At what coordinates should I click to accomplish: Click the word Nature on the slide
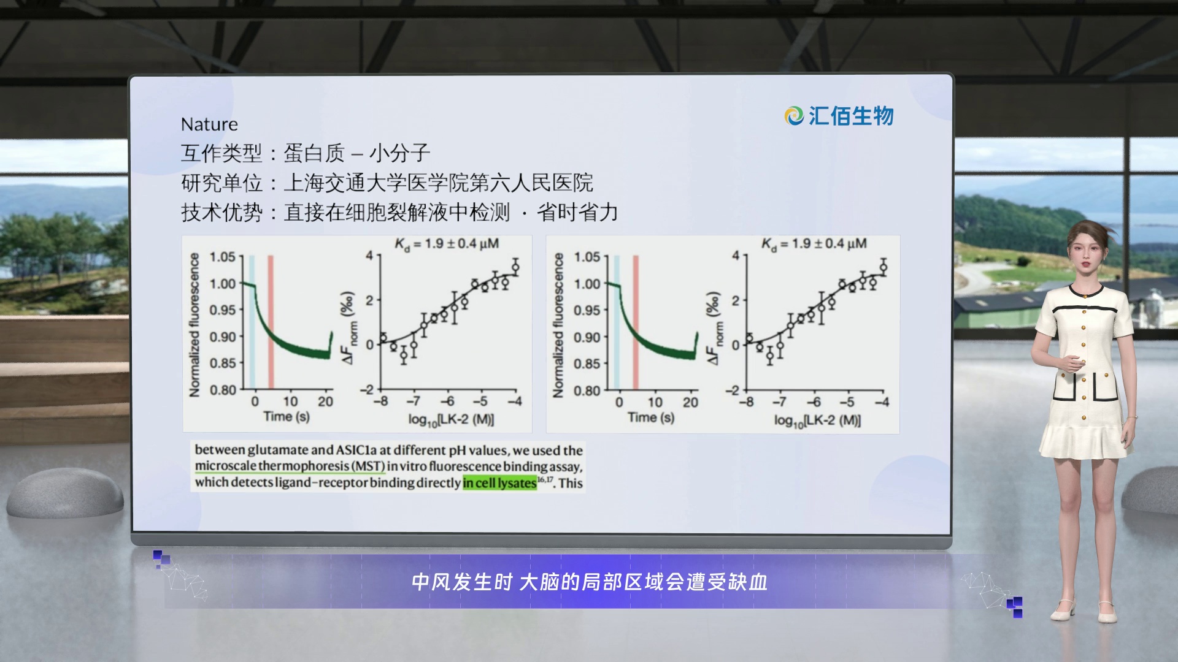tap(209, 124)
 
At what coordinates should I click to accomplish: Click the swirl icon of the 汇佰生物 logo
tap(794, 116)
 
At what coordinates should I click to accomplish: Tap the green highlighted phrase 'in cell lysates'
tap(499, 483)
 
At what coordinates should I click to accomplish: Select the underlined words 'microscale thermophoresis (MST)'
tap(290, 466)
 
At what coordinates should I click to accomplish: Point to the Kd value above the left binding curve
tap(446, 245)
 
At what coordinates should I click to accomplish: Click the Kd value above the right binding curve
tap(814, 244)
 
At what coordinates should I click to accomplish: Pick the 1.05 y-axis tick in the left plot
tap(222, 257)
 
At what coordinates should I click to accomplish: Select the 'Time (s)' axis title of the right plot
tap(650, 418)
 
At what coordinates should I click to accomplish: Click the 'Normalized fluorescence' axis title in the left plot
tap(194, 325)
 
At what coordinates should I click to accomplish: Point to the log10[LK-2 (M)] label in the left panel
tap(451, 420)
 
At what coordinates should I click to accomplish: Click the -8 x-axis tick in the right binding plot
tap(746, 402)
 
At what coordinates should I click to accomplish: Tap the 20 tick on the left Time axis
tap(325, 402)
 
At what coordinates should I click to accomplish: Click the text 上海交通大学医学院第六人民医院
tap(438, 183)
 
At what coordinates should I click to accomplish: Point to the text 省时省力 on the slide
tap(577, 213)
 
